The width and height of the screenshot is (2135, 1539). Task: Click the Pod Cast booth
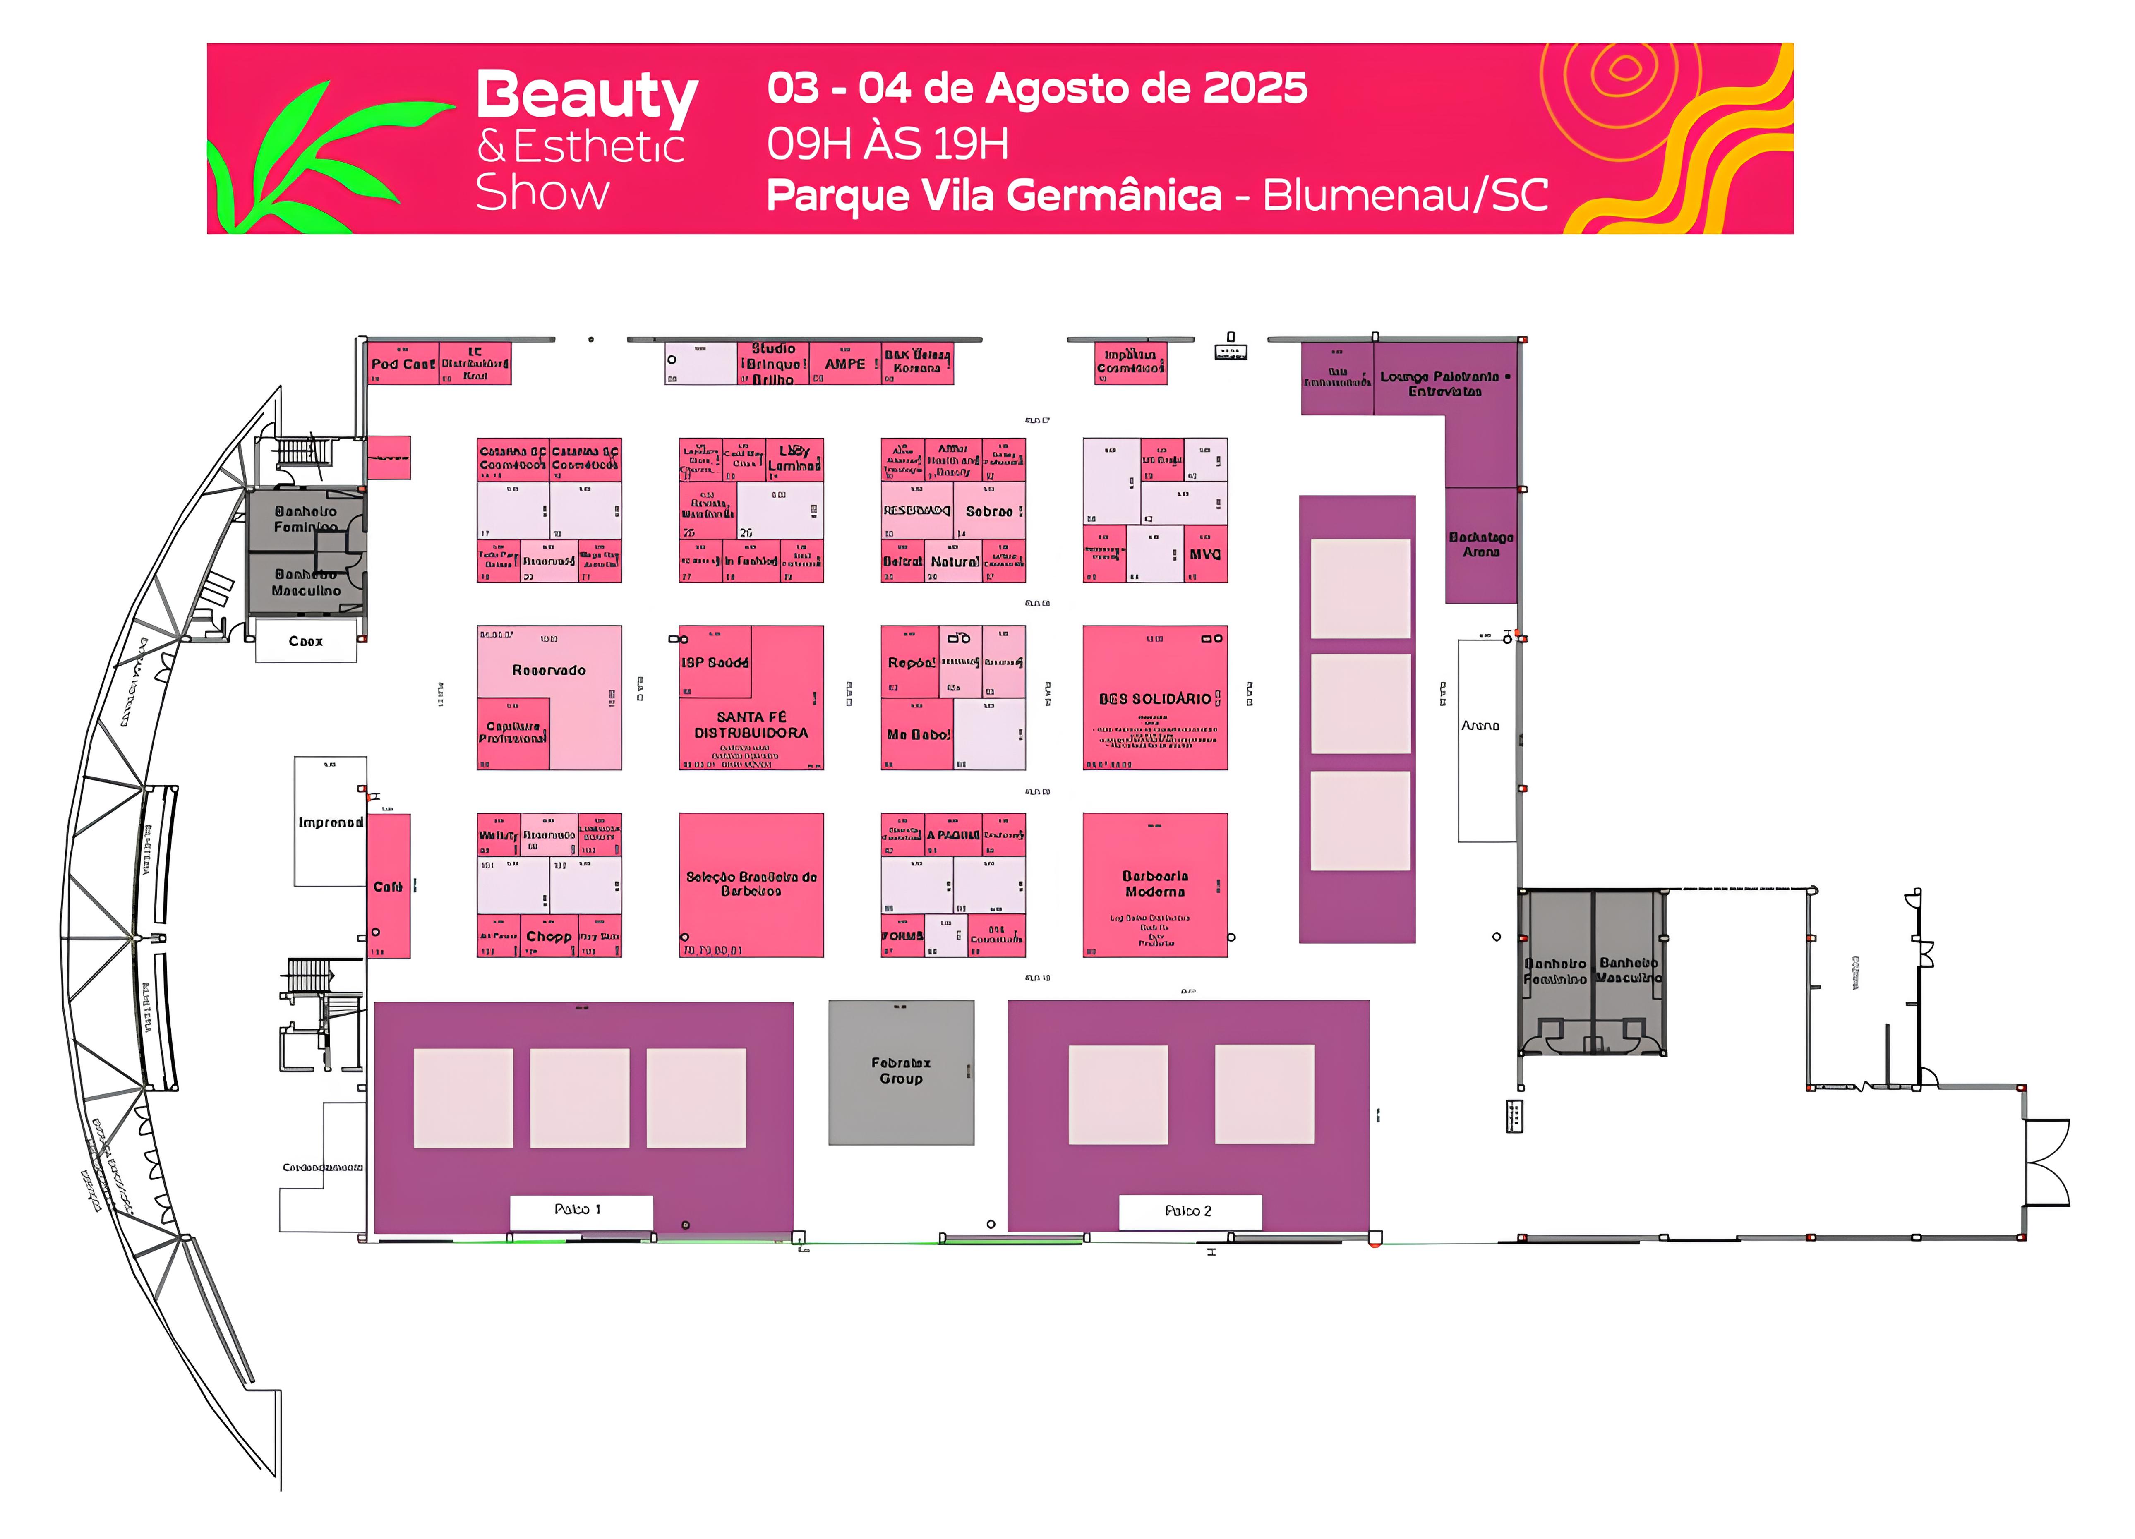(x=403, y=364)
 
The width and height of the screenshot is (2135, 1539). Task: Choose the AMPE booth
(x=845, y=364)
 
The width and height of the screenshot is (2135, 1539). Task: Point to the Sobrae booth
(x=989, y=512)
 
